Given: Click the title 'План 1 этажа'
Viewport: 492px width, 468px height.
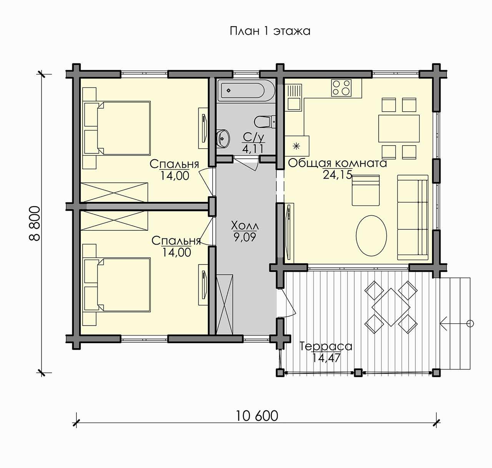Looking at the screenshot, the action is [270, 31].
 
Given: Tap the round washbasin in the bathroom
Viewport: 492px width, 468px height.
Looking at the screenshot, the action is [223, 138].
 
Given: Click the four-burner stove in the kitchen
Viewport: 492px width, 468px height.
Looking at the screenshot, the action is [341, 88].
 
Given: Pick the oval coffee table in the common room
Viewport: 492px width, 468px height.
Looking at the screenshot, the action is [371, 235].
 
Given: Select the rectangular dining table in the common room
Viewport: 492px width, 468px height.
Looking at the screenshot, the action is [399, 129].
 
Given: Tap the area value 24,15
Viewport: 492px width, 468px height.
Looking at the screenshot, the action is [337, 175].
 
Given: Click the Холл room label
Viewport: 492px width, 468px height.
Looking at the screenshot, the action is [245, 226].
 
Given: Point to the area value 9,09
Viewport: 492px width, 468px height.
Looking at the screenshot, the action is [245, 237].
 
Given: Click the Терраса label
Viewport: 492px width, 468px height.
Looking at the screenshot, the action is [326, 347].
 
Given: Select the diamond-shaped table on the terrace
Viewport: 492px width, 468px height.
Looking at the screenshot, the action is [391, 307].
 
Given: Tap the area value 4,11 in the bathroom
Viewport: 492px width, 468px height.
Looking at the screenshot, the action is [253, 149].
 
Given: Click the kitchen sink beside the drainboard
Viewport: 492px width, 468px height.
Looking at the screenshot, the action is [294, 104].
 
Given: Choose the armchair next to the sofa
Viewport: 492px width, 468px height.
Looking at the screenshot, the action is [366, 190].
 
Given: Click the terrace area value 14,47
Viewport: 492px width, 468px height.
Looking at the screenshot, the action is [326, 357].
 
